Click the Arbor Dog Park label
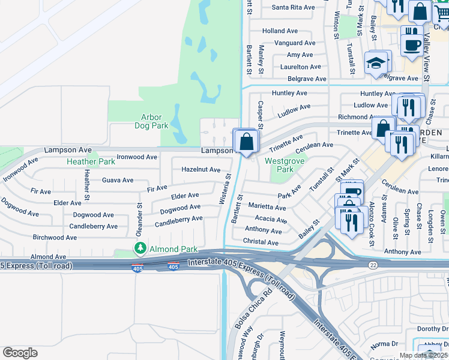pyautogui.click(x=151, y=122)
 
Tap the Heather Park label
pyautogui.click(x=91, y=161)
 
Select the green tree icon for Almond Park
pyautogui.click(x=140, y=248)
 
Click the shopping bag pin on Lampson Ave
pyautogui.click(x=246, y=142)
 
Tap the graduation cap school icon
pyautogui.click(x=376, y=64)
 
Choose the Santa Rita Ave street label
pyautogui.click(x=293, y=8)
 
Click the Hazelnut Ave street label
pyautogui.click(x=201, y=170)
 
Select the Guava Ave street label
pyautogui.click(x=118, y=180)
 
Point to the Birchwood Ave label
pyautogui.click(x=55, y=238)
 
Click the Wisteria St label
pyautogui.click(x=224, y=189)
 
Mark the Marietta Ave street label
pyautogui.click(x=267, y=208)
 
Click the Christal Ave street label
pyautogui.click(x=261, y=242)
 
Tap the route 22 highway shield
pyautogui.click(x=373, y=264)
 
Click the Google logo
pyautogui.click(x=20, y=352)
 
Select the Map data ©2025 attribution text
pyautogui.click(x=424, y=355)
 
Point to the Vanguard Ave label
pyautogui.click(x=294, y=43)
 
